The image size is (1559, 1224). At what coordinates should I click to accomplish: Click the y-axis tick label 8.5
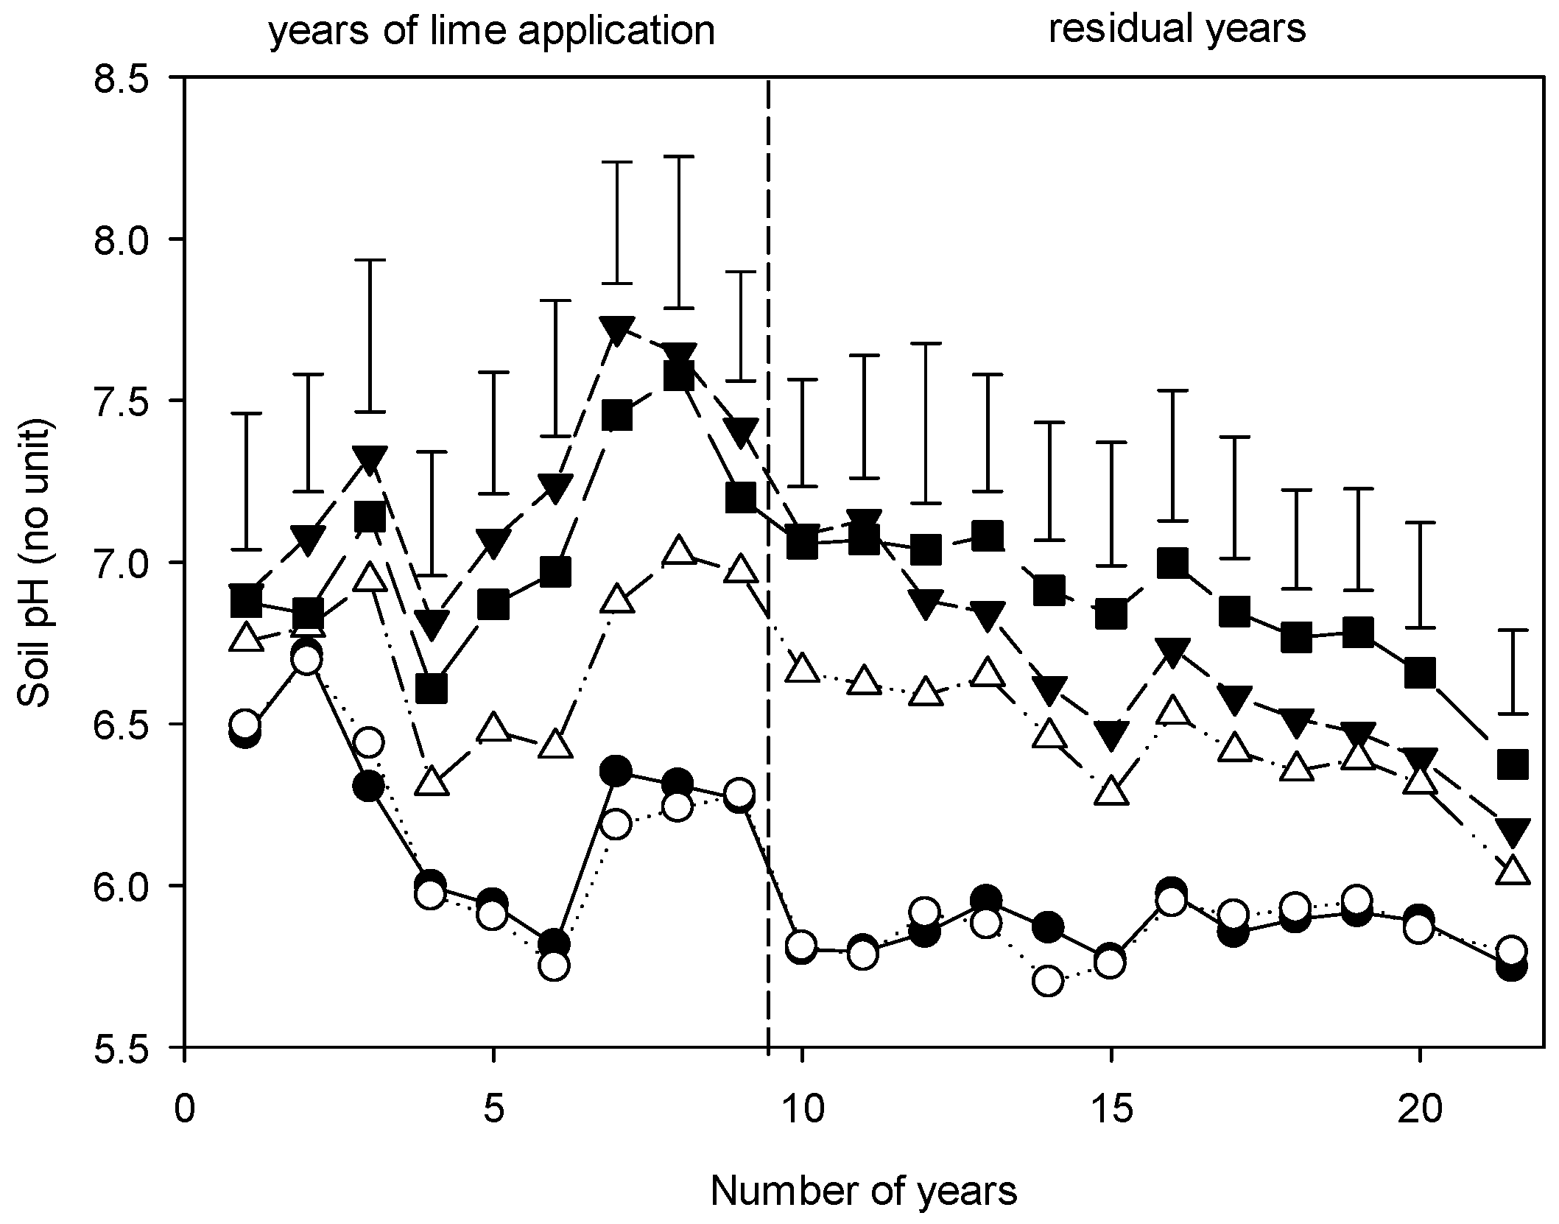click(126, 77)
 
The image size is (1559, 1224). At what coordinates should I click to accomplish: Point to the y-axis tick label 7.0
click(126, 562)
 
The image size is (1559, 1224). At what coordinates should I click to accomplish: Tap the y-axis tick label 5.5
click(126, 1047)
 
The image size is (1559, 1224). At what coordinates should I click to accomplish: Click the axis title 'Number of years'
click(864, 1191)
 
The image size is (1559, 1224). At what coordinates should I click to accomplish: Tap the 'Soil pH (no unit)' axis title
click(36, 563)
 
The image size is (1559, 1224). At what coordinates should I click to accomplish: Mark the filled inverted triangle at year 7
click(616, 331)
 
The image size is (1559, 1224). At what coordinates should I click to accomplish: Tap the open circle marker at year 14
click(1049, 981)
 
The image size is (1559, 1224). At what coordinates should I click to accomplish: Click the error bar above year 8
click(678, 232)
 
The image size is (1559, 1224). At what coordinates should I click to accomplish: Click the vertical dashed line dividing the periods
click(768, 562)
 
